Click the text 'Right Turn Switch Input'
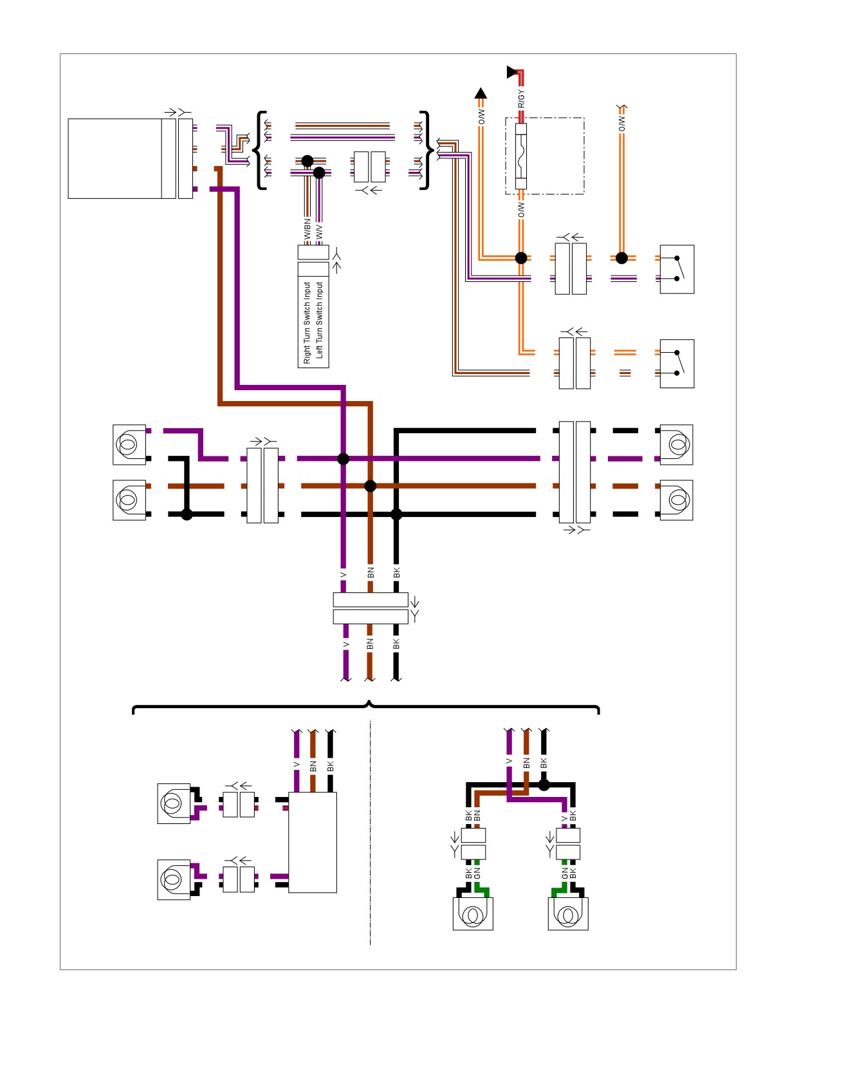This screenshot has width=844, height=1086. pos(307,323)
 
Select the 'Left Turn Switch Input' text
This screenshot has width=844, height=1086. pos(320,320)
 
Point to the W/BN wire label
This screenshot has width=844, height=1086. pos(307,230)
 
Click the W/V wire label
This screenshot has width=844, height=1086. pos(320,232)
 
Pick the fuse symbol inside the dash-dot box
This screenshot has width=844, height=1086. pos(521,156)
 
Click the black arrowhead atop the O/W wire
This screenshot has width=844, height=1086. pos(481,93)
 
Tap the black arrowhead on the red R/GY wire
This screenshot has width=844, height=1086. pos(512,71)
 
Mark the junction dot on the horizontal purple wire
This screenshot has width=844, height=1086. pos(344,459)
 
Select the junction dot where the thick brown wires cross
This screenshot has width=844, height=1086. pos(371,486)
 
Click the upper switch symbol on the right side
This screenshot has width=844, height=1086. pos(677,269)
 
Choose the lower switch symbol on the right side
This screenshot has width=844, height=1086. pos(677,364)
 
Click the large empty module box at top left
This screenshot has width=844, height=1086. pos(115,158)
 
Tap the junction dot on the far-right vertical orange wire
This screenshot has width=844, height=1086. pos(621,258)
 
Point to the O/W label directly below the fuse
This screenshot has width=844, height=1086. pos(521,211)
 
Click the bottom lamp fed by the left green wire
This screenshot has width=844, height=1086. pos(473,913)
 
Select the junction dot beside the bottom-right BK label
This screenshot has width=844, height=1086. pos(544,785)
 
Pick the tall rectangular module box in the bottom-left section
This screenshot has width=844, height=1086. pos(313,842)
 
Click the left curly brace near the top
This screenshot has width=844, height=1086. pos(259,151)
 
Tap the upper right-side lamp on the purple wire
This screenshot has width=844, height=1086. pos(676,445)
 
